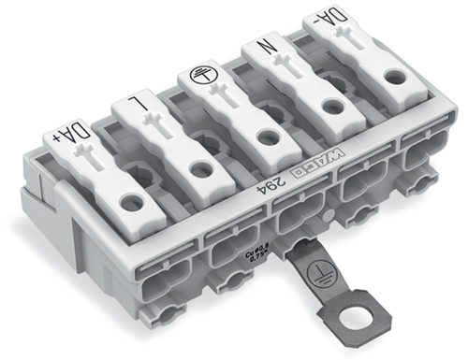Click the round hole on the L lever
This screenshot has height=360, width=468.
[x=198, y=168]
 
